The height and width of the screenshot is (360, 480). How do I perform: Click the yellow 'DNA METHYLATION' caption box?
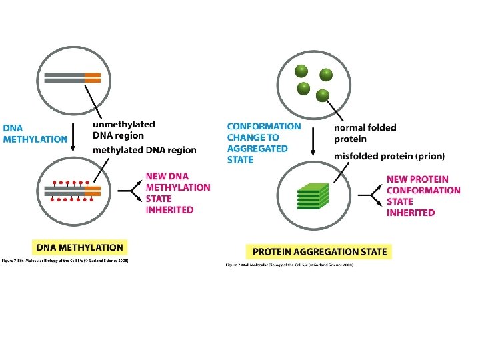pyautogui.click(x=79, y=246)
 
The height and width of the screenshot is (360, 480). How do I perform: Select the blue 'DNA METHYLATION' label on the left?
pyautogui.click(x=35, y=134)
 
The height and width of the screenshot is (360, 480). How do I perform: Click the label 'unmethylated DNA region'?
pyautogui.click(x=124, y=129)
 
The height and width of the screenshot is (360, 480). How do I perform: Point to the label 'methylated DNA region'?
pyautogui.click(x=145, y=150)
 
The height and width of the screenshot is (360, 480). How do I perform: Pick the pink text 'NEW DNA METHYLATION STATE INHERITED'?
pyautogui.click(x=178, y=193)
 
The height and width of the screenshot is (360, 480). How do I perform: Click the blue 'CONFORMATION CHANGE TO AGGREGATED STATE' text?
pyautogui.click(x=264, y=143)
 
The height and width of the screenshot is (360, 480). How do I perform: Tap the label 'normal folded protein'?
pyautogui.click(x=365, y=133)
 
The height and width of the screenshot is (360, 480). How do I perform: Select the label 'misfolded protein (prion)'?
pyautogui.click(x=389, y=156)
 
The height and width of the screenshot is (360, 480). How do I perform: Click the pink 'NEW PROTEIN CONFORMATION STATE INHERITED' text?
pyautogui.click(x=423, y=195)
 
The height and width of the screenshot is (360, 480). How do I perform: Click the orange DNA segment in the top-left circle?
pyautogui.click(x=93, y=77)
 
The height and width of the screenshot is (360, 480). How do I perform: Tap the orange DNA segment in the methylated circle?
pyautogui.click(x=93, y=190)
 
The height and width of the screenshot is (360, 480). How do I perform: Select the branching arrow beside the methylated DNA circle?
pyautogui.click(x=133, y=191)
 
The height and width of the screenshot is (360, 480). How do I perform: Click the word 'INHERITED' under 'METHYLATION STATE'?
pyautogui.click(x=170, y=210)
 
